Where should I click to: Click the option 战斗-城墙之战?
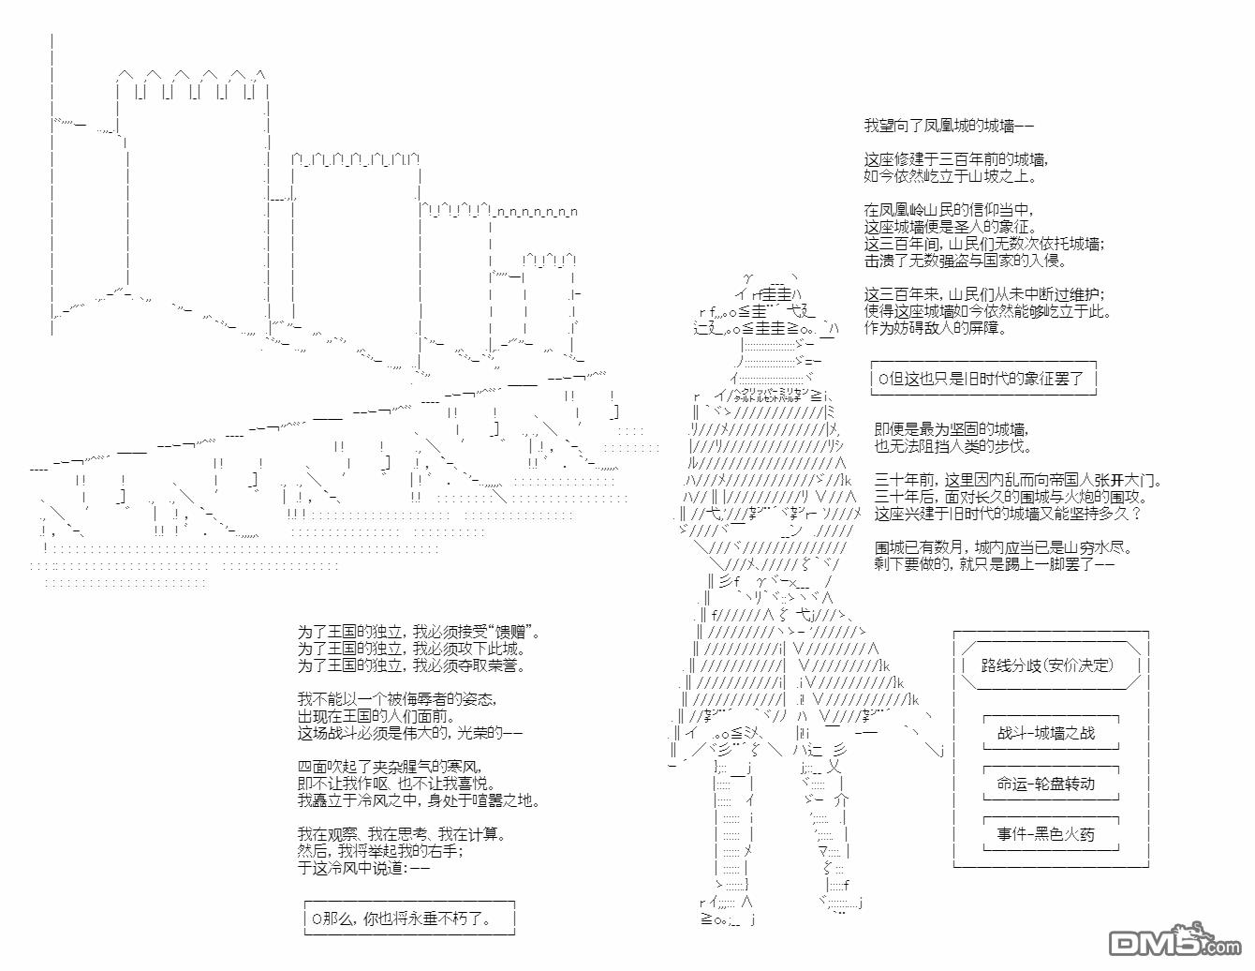[x=1045, y=733]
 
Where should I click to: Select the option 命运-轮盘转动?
[x=1045, y=784]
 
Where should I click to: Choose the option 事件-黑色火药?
[x=1045, y=834]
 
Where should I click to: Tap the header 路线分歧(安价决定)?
[x=1047, y=665]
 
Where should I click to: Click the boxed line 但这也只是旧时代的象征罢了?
[x=982, y=379]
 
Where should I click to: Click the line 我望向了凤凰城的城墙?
[x=948, y=126]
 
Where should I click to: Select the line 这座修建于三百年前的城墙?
[x=955, y=159]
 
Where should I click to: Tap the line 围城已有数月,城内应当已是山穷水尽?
[x=1005, y=547]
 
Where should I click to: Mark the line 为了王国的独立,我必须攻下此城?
[x=411, y=649]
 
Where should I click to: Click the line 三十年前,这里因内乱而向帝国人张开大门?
[x=1018, y=481]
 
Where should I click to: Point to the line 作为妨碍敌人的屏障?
[x=936, y=328]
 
